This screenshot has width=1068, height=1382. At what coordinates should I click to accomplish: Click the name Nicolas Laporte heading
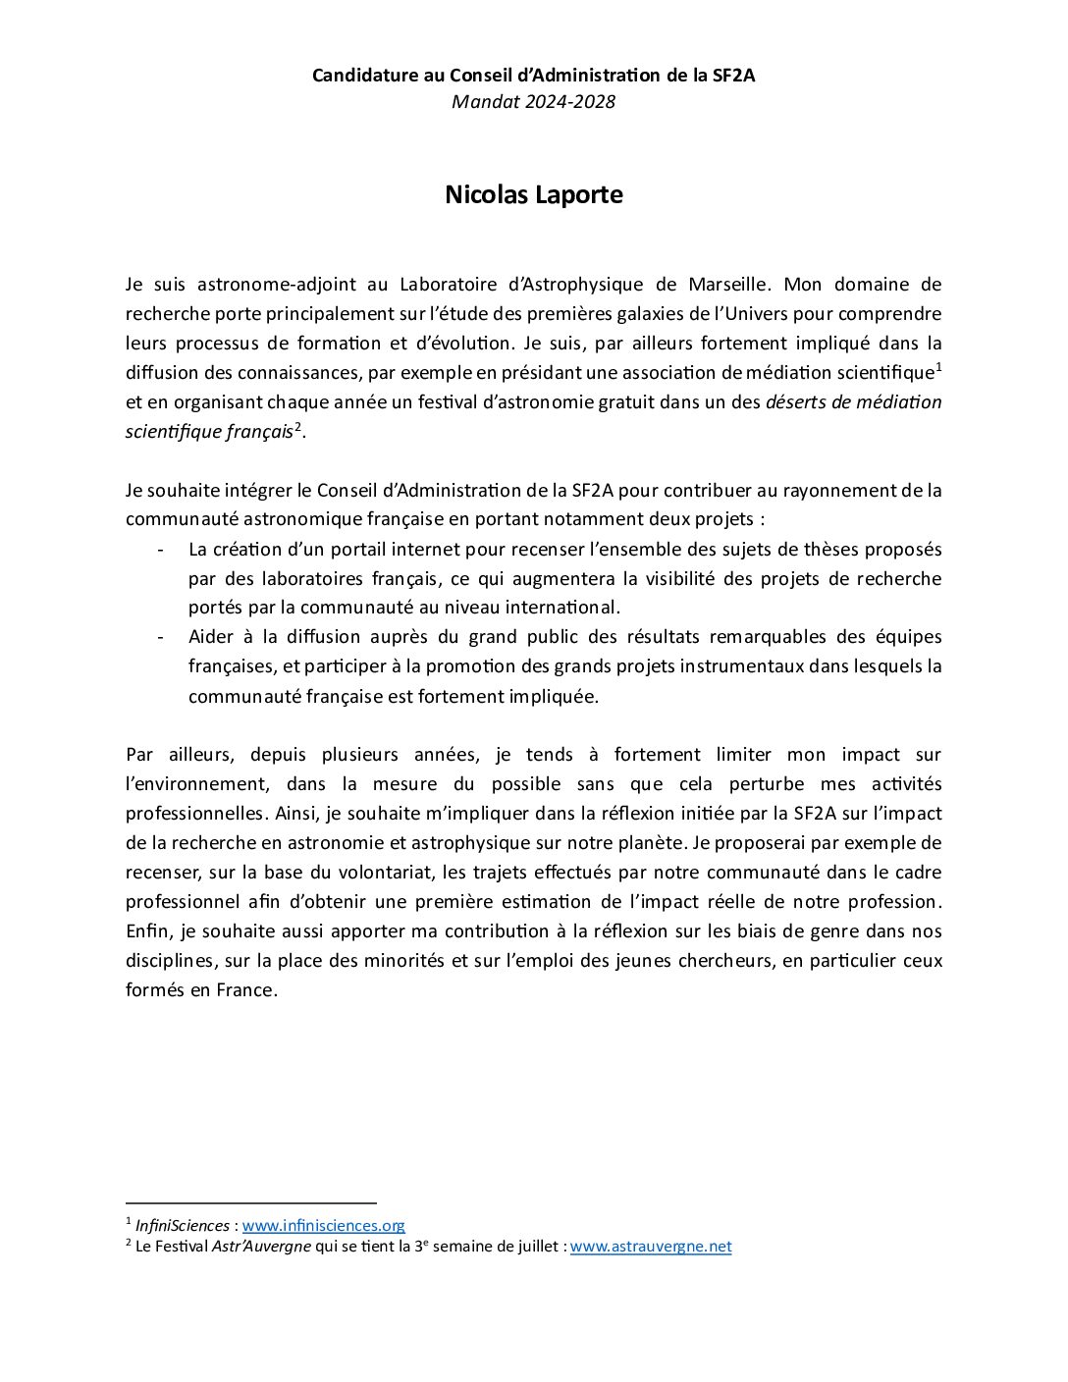coord(533,194)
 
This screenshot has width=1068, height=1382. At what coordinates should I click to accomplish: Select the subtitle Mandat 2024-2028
coord(533,101)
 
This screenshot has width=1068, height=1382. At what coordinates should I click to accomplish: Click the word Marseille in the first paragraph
coord(727,285)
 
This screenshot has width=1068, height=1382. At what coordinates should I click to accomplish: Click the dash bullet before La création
coord(160,550)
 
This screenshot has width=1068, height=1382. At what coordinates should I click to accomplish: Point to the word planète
coord(647,842)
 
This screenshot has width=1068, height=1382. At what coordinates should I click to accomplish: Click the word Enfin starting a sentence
coord(147,930)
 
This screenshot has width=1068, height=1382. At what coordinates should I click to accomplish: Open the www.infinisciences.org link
coord(323,1225)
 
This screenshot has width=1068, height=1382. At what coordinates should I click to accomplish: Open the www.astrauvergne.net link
coord(651,1247)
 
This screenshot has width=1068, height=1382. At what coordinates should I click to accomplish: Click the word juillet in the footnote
coord(536,1247)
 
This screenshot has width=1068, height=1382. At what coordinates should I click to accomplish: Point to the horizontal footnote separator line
coord(251,1202)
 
